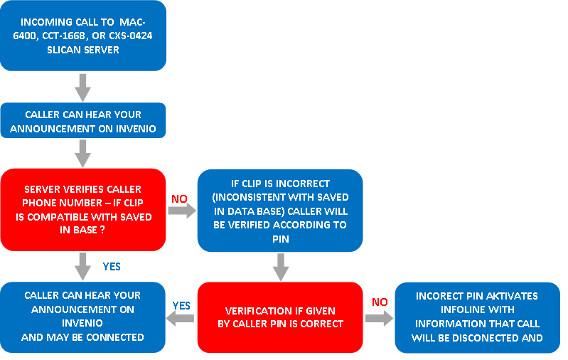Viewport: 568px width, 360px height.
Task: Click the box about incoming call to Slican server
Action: pyautogui.click(x=83, y=36)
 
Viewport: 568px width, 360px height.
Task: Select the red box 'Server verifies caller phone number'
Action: pyautogui.click(x=83, y=210)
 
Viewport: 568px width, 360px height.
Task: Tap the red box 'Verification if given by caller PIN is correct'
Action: pyautogui.click(x=280, y=317)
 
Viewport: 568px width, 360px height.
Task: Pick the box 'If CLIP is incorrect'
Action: pyautogui.click(x=280, y=211)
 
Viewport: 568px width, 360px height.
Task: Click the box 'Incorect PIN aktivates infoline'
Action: pyautogui.click(x=478, y=317)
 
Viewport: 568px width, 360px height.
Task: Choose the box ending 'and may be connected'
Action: pyautogui.click(x=82, y=317)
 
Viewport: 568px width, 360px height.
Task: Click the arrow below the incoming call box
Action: pyautogui.click(x=83, y=88)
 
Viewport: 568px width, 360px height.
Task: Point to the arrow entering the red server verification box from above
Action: pyautogui.click(x=83, y=154)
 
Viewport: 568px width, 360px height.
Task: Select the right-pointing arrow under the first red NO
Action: pyautogui.click(x=182, y=211)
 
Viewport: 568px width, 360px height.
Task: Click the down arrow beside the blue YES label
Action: pyautogui.click(x=83, y=267)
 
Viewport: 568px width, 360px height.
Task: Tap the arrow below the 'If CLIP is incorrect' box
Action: pyautogui.click(x=281, y=268)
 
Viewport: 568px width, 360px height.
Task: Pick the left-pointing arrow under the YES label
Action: pyautogui.click(x=180, y=318)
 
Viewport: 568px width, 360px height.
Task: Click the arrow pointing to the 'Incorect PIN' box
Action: pyautogui.click(x=380, y=318)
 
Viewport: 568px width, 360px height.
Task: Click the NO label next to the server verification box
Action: pyautogui.click(x=179, y=198)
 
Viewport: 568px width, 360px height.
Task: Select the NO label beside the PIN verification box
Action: pyautogui.click(x=380, y=302)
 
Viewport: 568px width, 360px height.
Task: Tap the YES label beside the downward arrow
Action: pyautogui.click(x=112, y=267)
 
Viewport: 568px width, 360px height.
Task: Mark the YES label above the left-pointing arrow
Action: pyautogui.click(x=181, y=306)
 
